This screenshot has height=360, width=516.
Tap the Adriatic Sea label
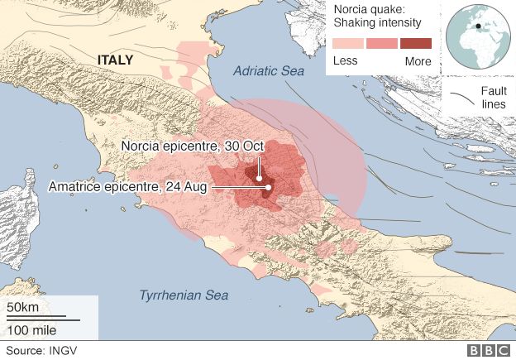(268, 72)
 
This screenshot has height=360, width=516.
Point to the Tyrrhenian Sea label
(183, 295)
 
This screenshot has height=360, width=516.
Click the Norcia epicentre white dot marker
(259, 178)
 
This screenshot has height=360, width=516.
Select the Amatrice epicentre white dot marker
(268, 187)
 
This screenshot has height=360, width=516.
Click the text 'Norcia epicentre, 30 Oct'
(192, 146)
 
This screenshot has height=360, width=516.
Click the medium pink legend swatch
(382, 44)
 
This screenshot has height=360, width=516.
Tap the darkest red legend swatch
(415, 44)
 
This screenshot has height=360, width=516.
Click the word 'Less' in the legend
(345, 60)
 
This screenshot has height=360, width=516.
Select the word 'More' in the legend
(418, 60)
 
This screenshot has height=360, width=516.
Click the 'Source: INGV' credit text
(37, 350)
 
